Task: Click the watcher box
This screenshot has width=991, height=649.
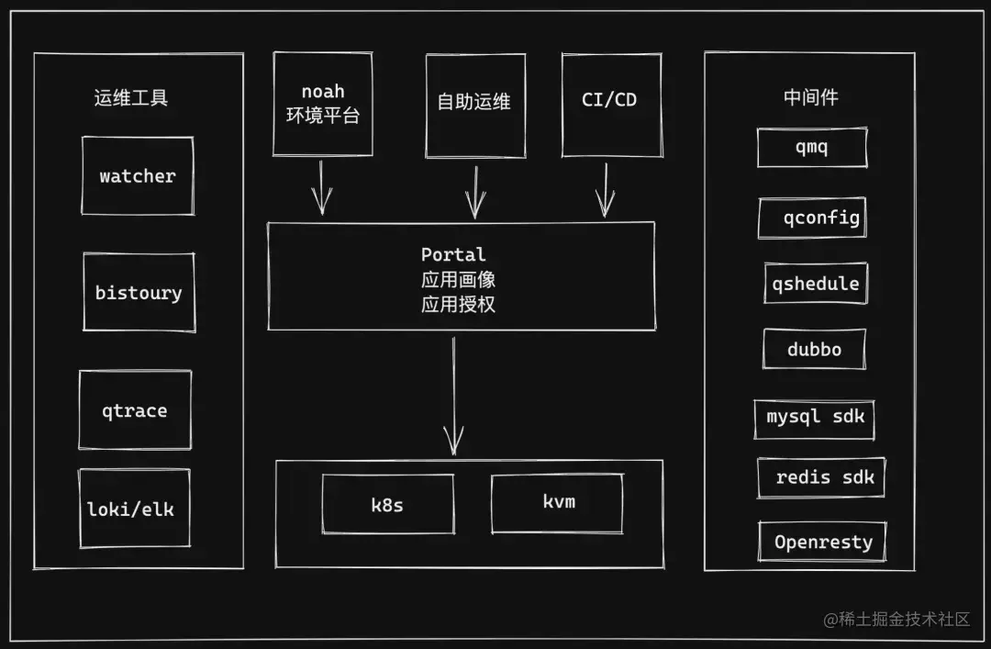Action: (x=138, y=176)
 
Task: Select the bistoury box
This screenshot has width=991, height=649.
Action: (x=139, y=293)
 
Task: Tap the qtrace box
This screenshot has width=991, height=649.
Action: (x=135, y=410)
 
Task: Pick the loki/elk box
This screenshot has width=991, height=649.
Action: (x=134, y=509)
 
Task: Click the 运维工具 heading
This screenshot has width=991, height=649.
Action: (x=131, y=98)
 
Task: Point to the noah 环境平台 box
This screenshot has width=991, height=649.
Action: (x=323, y=104)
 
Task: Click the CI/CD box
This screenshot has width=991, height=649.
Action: (x=610, y=101)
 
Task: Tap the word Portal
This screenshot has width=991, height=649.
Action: (x=453, y=254)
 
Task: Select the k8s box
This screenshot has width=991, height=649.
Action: (x=387, y=504)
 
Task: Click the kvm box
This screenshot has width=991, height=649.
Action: (x=557, y=503)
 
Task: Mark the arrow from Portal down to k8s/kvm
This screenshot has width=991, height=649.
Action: (x=452, y=395)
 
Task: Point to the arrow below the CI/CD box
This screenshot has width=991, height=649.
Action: (x=605, y=189)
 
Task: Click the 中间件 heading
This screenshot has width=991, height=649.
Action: (x=810, y=97)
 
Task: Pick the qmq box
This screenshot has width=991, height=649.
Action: (x=811, y=148)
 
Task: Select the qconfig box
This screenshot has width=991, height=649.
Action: (x=812, y=218)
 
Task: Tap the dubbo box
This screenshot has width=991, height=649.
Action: (x=814, y=349)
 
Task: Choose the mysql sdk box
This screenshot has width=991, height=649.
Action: (x=815, y=418)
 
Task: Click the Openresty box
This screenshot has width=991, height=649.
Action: (x=822, y=542)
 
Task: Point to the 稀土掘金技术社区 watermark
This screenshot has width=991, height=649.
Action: (x=896, y=619)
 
